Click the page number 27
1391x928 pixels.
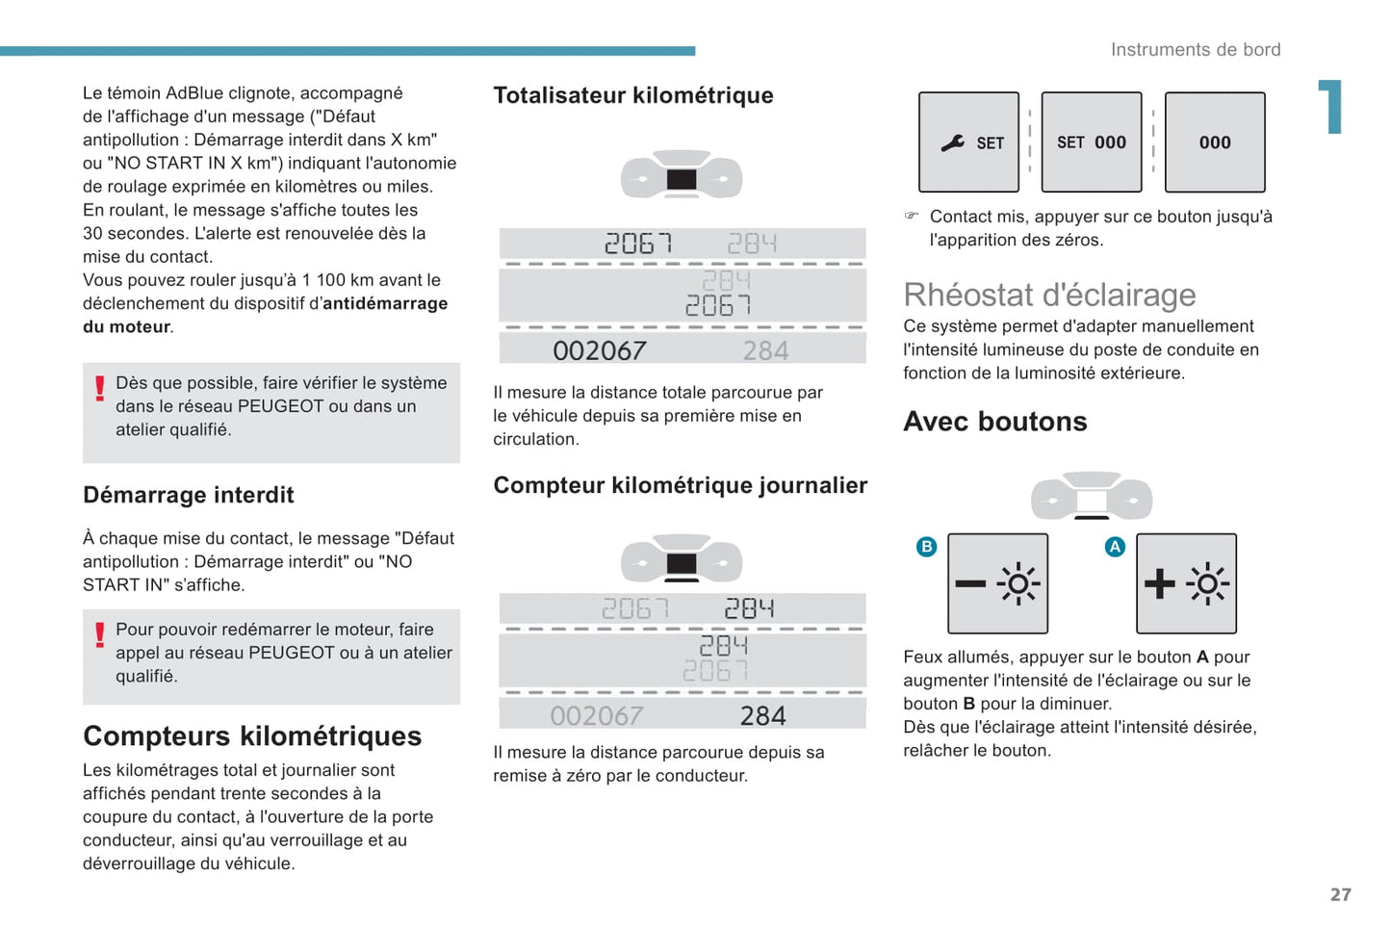[1340, 894]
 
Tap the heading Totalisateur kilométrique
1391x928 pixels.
[632, 95]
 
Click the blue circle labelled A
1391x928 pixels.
[1115, 547]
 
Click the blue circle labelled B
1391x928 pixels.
[926, 547]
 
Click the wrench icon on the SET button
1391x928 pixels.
[953, 142]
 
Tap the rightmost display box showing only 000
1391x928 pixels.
[1214, 142]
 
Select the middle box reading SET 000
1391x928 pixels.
[1091, 142]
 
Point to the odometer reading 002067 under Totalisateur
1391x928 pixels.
[599, 350]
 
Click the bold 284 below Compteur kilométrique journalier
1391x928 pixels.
[762, 715]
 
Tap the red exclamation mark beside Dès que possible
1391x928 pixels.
[99, 388]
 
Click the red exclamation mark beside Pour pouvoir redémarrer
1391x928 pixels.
[99, 634]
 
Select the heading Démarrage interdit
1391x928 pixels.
[188, 495]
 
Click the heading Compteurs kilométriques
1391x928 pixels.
[252, 735]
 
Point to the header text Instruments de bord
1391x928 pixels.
[1195, 50]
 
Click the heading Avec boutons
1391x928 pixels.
[994, 422]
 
